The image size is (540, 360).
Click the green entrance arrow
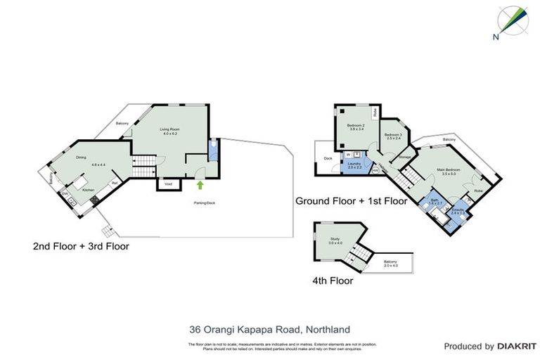coord(200,185)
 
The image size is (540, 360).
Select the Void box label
coord(168,184)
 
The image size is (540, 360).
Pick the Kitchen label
coord(89,190)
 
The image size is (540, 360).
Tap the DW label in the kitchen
coord(65,193)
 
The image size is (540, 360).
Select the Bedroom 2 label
coord(356,126)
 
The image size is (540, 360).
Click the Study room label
coord(335,239)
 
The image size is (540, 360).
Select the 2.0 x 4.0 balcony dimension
coord(391,266)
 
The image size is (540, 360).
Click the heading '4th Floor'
coord(333,281)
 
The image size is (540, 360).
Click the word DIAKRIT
coord(517,346)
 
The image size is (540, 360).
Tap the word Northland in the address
coord(326,328)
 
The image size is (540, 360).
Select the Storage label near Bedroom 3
coord(404,157)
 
